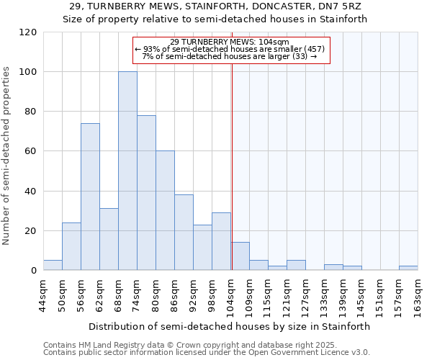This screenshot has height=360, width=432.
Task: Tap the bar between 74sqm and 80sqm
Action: (146, 193)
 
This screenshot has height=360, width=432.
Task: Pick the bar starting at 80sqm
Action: (165, 210)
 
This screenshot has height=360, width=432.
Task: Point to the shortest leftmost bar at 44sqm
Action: (53, 265)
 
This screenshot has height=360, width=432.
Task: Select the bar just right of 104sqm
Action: (240, 256)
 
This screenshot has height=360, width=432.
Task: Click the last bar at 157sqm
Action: (408, 268)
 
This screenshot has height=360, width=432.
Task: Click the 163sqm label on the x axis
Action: (419, 295)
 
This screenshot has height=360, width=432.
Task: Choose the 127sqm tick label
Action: (307, 295)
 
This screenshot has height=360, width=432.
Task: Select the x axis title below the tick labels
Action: (230, 326)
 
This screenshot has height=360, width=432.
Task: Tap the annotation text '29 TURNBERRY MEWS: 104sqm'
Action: (230, 42)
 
